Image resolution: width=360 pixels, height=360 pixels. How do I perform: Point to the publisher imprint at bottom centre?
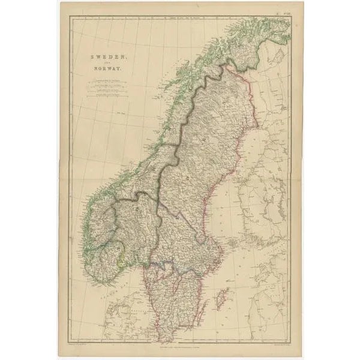pos(181,347)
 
